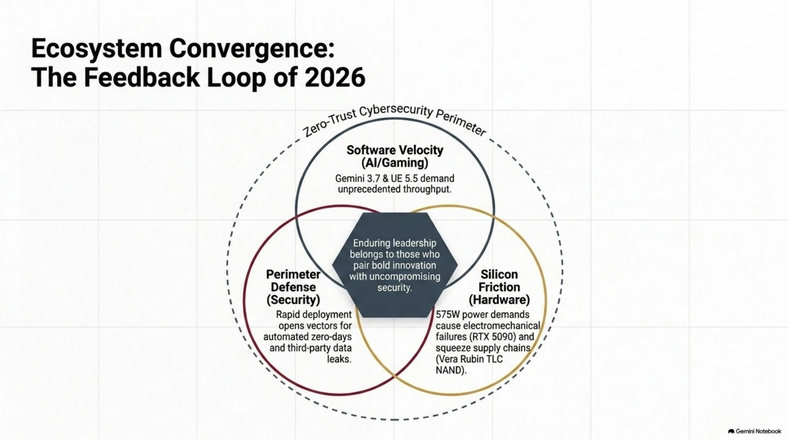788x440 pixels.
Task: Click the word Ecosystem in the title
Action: pyautogui.click(x=97, y=49)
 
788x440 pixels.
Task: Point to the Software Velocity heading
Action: pyautogui.click(x=395, y=150)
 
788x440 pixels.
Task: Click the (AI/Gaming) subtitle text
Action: pyautogui.click(x=395, y=163)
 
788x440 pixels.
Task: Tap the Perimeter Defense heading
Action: pyautogui.click(x=293, y=281)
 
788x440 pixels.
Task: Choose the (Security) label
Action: pyautogui.click(x=293, y=300)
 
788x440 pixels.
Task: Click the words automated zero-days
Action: pyautogui.click(x=307, y=337)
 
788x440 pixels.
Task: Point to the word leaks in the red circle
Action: pyautogui.click(x=339, y=359)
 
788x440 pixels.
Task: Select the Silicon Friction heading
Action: pyautogui.click(x=499, y=281)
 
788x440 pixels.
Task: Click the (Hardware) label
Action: pyautogui.click(x=499, y=300)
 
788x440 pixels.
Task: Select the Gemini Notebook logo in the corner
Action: pyautogui.click(x=754, y=431)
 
